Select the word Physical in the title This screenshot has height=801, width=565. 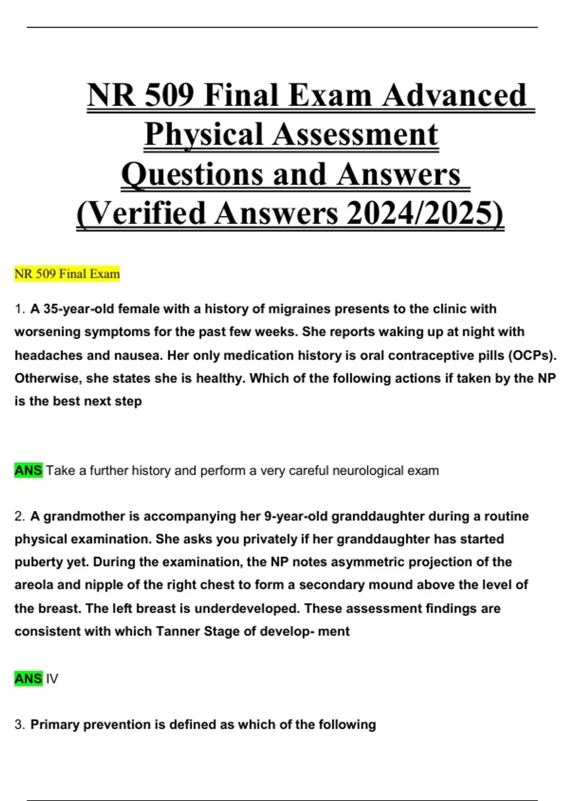[203, 135]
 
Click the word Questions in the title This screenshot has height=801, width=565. [191, 175]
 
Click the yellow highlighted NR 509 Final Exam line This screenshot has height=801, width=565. [67, 274]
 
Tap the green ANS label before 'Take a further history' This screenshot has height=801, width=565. [28, 470]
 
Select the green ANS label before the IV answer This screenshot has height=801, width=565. [28, 678]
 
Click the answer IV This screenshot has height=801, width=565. [52, 679]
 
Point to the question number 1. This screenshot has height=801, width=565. [19, 309]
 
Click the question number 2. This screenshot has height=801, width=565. [19, 516]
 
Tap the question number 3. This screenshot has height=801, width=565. [19, 725]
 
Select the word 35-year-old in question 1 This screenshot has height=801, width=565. [72, 309]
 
